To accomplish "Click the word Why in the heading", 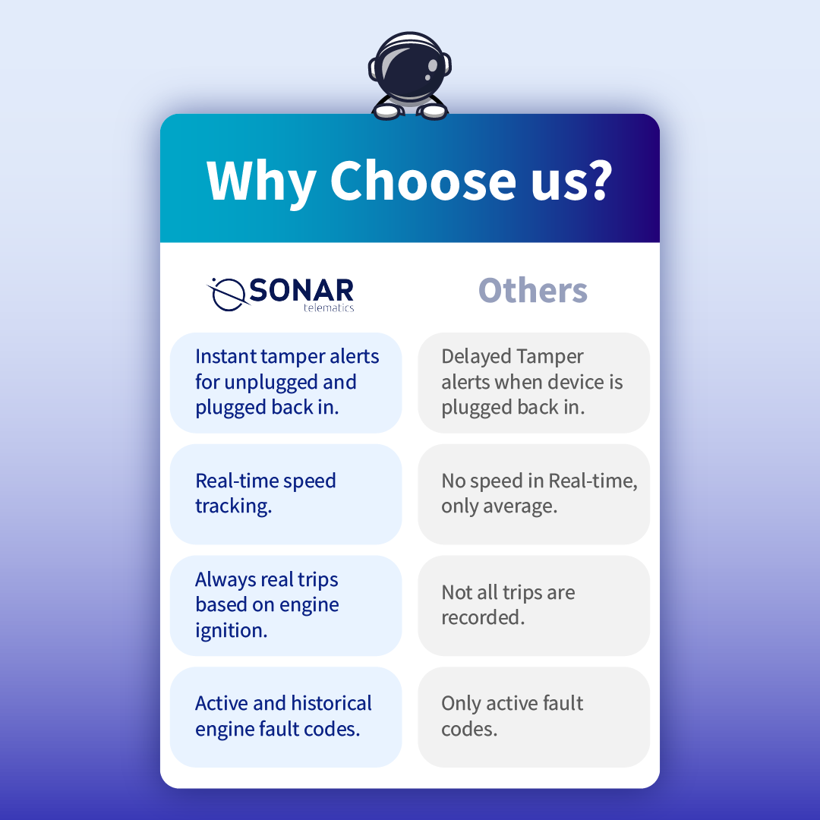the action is click(260, 181).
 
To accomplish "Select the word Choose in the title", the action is click(423, 180).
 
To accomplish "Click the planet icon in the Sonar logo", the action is click(228, 295).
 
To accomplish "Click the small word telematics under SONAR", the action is click(329, 308).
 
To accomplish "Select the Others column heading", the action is click(533, 290).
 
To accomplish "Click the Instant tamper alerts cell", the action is click(286, 383).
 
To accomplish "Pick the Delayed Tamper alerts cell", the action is click(534, 383).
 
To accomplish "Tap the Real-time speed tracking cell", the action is click(286, 494).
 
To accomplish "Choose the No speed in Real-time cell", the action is click(534, 494).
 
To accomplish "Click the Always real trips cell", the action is click(286, 606).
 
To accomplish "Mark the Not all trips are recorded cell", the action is click(534, 606).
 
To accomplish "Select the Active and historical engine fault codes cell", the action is click(286, 717).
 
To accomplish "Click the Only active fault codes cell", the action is click(534, 717).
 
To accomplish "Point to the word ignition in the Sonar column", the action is click(231, 631).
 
